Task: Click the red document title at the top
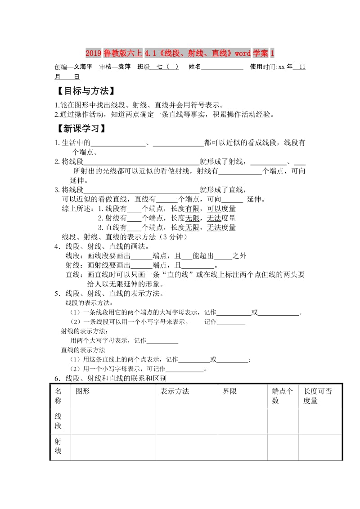tap(180, 54)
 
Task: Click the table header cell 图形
tap(83, 391)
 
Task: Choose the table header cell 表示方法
tap(175, 391)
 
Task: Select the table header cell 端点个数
tap(283, 396)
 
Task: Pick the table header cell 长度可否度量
tap(318, 396)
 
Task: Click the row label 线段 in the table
tap(58, 421)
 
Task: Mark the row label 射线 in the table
tap(58, 446)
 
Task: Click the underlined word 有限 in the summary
tap(192, 209)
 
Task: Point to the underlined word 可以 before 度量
tap(214, 209)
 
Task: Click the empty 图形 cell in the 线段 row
tap(113, 421)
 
